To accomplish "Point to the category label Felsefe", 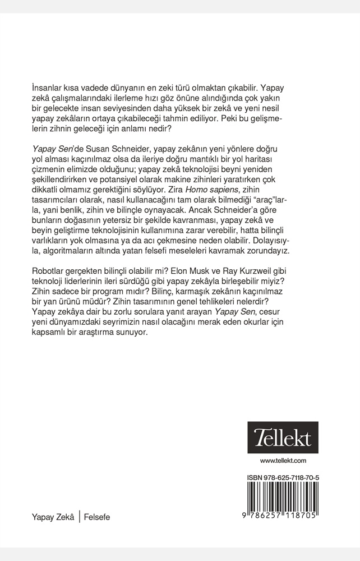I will [x=97, y=517].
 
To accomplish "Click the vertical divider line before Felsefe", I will [x=79, y=517].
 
